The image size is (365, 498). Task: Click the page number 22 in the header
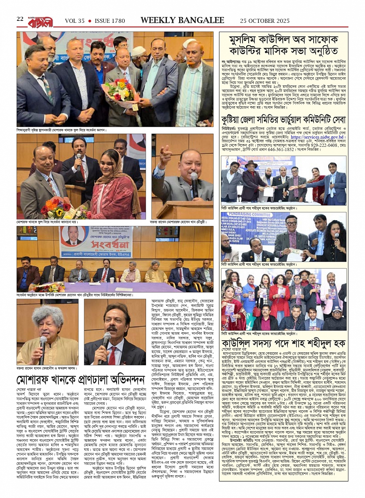[x=20, y=19]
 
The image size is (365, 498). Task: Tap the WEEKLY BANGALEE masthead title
[x=182, y=20]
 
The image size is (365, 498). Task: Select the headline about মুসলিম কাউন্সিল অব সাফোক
[x=284, y=45]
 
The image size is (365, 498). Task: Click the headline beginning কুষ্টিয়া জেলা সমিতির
[x=284, y=119]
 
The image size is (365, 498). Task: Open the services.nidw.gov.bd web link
[x=317, y=137]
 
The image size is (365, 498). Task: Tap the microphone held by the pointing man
[x=194, y=180]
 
